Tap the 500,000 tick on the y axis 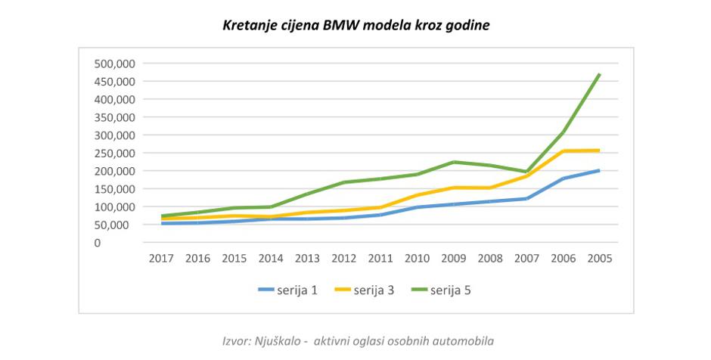(x=114, y=64)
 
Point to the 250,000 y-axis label (x=114, y=153)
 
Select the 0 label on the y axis (x=130, y=243)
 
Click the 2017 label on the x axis (x=161, y=259)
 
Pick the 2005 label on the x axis (x=599, y=259)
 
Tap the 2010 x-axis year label (x=417, y=259)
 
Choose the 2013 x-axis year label (x=307, y=259)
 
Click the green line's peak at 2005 (x=600, y=74)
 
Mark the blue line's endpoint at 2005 (x=600, y=170)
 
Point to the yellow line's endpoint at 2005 (x=600, y=151)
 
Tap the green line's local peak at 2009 (x=454, y=162)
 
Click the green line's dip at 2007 (x=526, y=172)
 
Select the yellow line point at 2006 (x=564, y=151)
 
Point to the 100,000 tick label (x=114, y=206)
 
